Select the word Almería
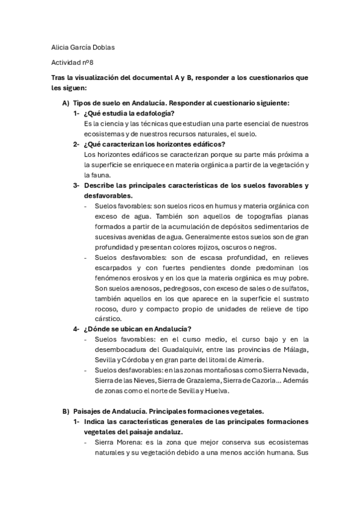pos(248,359)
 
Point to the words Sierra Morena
pos(115,442)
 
